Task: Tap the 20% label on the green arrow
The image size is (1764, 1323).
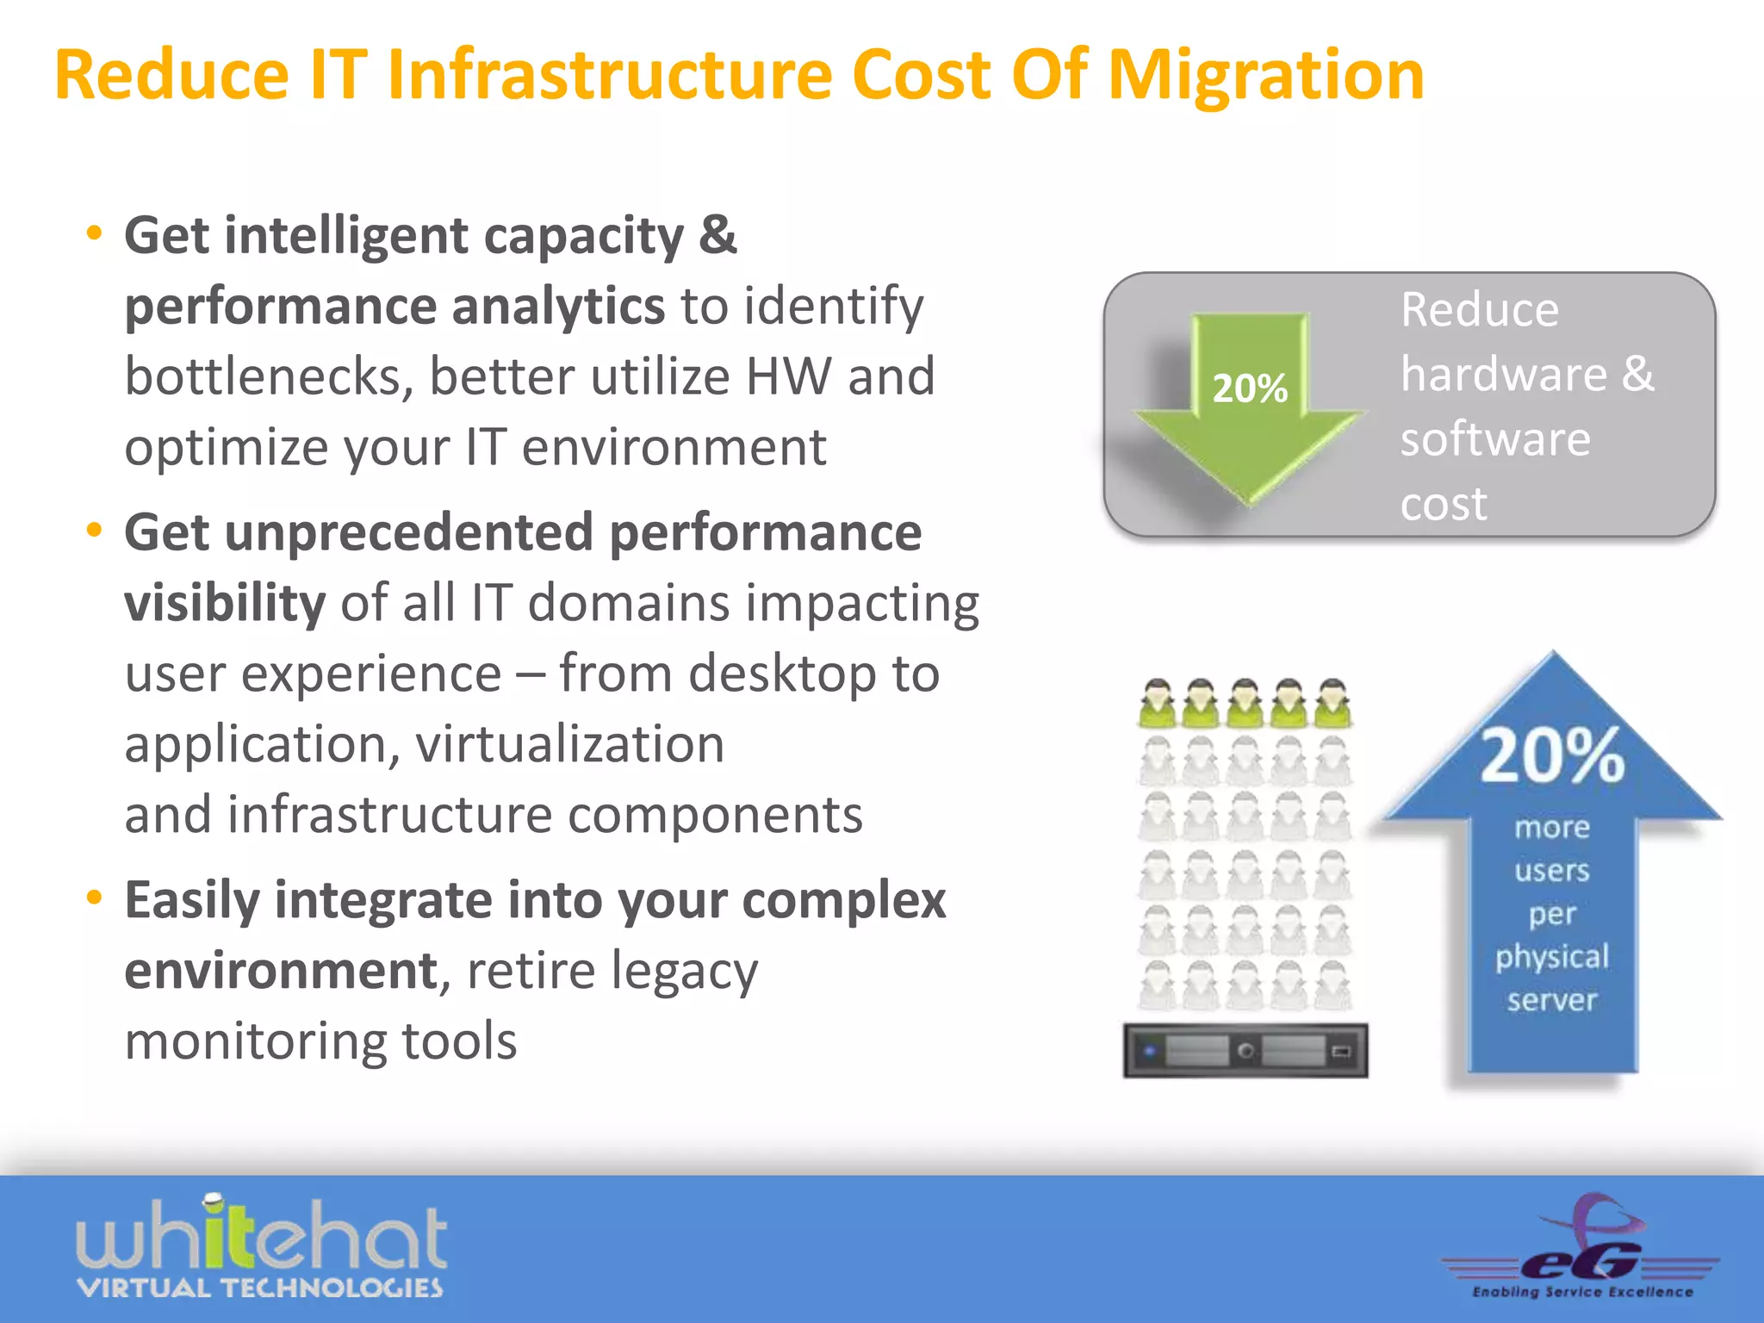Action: point(1250,388)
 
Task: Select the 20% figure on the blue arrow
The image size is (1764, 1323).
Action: point(1552,756)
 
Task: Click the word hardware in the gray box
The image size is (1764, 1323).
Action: point(1504,375)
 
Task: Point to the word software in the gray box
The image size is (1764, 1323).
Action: point(1495,439)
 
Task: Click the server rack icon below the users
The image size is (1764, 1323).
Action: point(1245,1051)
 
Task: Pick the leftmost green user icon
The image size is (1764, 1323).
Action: point(1158,705)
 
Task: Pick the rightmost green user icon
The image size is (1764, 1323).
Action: point(1332,705)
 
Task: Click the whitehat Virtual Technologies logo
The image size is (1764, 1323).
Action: point(261,1247)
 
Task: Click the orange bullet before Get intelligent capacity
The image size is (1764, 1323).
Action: point(95,233)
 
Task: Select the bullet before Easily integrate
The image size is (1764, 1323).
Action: point(95,898)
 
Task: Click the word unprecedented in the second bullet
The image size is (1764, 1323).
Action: point(409,532)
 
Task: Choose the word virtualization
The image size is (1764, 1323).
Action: point(570,744)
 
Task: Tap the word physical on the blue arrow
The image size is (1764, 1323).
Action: point(1552,957)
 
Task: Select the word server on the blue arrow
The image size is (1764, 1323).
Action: point(1552,1000)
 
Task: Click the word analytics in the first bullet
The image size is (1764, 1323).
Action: point(557,307)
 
